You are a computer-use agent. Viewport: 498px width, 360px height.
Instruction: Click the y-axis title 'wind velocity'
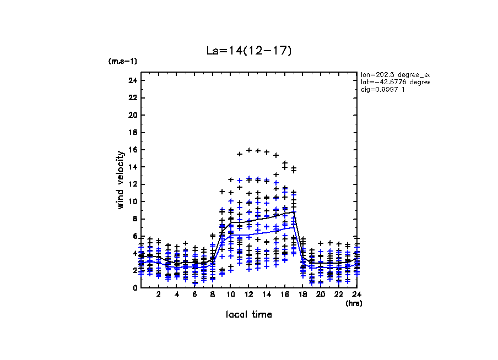pos(121,180)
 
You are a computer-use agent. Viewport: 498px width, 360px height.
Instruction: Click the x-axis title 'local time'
pos(248,314)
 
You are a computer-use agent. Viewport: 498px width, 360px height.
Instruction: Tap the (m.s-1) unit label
pos(123,61)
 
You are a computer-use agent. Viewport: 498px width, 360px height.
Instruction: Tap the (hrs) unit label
pos(354,303)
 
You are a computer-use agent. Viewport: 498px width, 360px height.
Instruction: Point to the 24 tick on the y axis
pos(132,81)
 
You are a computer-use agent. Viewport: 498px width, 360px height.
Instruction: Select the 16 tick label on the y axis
pos(132,150)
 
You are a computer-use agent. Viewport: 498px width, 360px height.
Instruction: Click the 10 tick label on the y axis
pos(132,201)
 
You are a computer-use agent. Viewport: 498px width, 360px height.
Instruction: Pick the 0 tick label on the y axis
pos(134,287)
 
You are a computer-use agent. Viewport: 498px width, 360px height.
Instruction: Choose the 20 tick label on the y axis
pos(132,116)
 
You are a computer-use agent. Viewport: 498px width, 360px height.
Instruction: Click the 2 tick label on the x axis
pos(159,294)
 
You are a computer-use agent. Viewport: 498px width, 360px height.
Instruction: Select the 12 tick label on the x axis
pos(249,294)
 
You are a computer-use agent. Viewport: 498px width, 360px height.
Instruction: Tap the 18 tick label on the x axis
pos(303,294)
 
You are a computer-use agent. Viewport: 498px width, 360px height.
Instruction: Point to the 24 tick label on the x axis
pos(357,294)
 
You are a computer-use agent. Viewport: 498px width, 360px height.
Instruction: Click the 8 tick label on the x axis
pos(213,294)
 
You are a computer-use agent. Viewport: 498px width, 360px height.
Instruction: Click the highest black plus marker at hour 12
pos(249,150)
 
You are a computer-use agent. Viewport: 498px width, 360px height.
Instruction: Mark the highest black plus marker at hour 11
pos(240,154)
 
